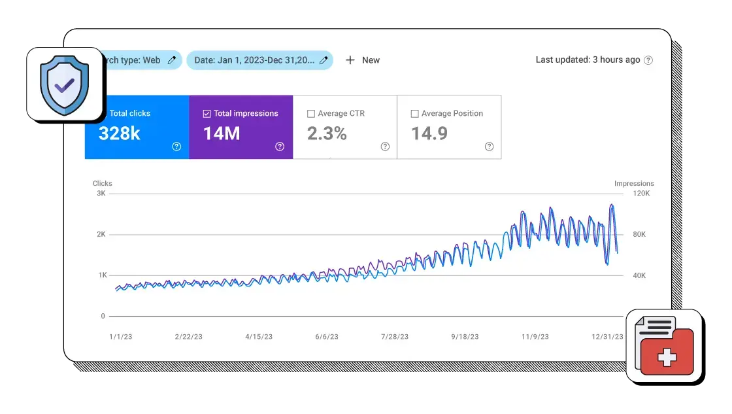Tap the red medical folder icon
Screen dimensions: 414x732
(665, 346)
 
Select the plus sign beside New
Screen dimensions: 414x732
(350, 60)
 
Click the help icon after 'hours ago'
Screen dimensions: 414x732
(648, 60)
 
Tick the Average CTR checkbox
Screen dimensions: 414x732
(311, 114)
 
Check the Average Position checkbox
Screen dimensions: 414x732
(414, 114)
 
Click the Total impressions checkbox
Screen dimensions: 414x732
(207, 114)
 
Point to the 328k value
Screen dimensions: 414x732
(120, 133)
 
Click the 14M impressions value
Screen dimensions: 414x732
(222, 133)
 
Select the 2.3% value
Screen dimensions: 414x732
(327, 133)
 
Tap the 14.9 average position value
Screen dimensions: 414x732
(429, 133)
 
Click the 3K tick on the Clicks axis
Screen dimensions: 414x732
(101, 194)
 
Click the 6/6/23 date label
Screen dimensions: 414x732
(327, 337)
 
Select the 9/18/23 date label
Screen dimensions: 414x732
(465, 337)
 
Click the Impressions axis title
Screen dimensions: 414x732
(634, 184)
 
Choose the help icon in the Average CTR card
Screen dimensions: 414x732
(385, 147)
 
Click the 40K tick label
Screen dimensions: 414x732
(639, 275)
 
